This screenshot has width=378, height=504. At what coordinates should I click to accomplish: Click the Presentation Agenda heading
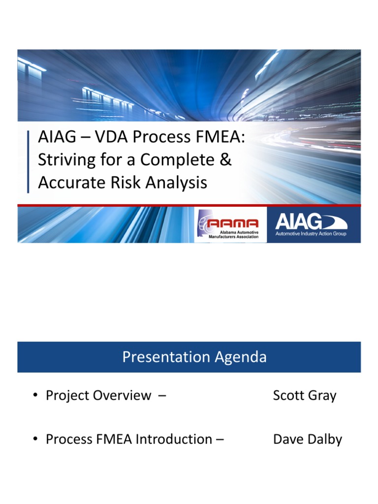[194, 357]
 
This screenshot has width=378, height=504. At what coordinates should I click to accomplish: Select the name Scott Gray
[305, 396]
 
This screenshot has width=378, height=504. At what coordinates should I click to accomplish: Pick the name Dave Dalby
[307, 439]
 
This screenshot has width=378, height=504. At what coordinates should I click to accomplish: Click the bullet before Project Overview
[36, 396]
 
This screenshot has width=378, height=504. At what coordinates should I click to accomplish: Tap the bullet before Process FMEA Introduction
[36, 440]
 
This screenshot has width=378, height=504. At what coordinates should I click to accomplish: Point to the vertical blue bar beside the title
[28, 161]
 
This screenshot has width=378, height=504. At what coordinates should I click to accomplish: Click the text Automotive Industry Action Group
[311, 233]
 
